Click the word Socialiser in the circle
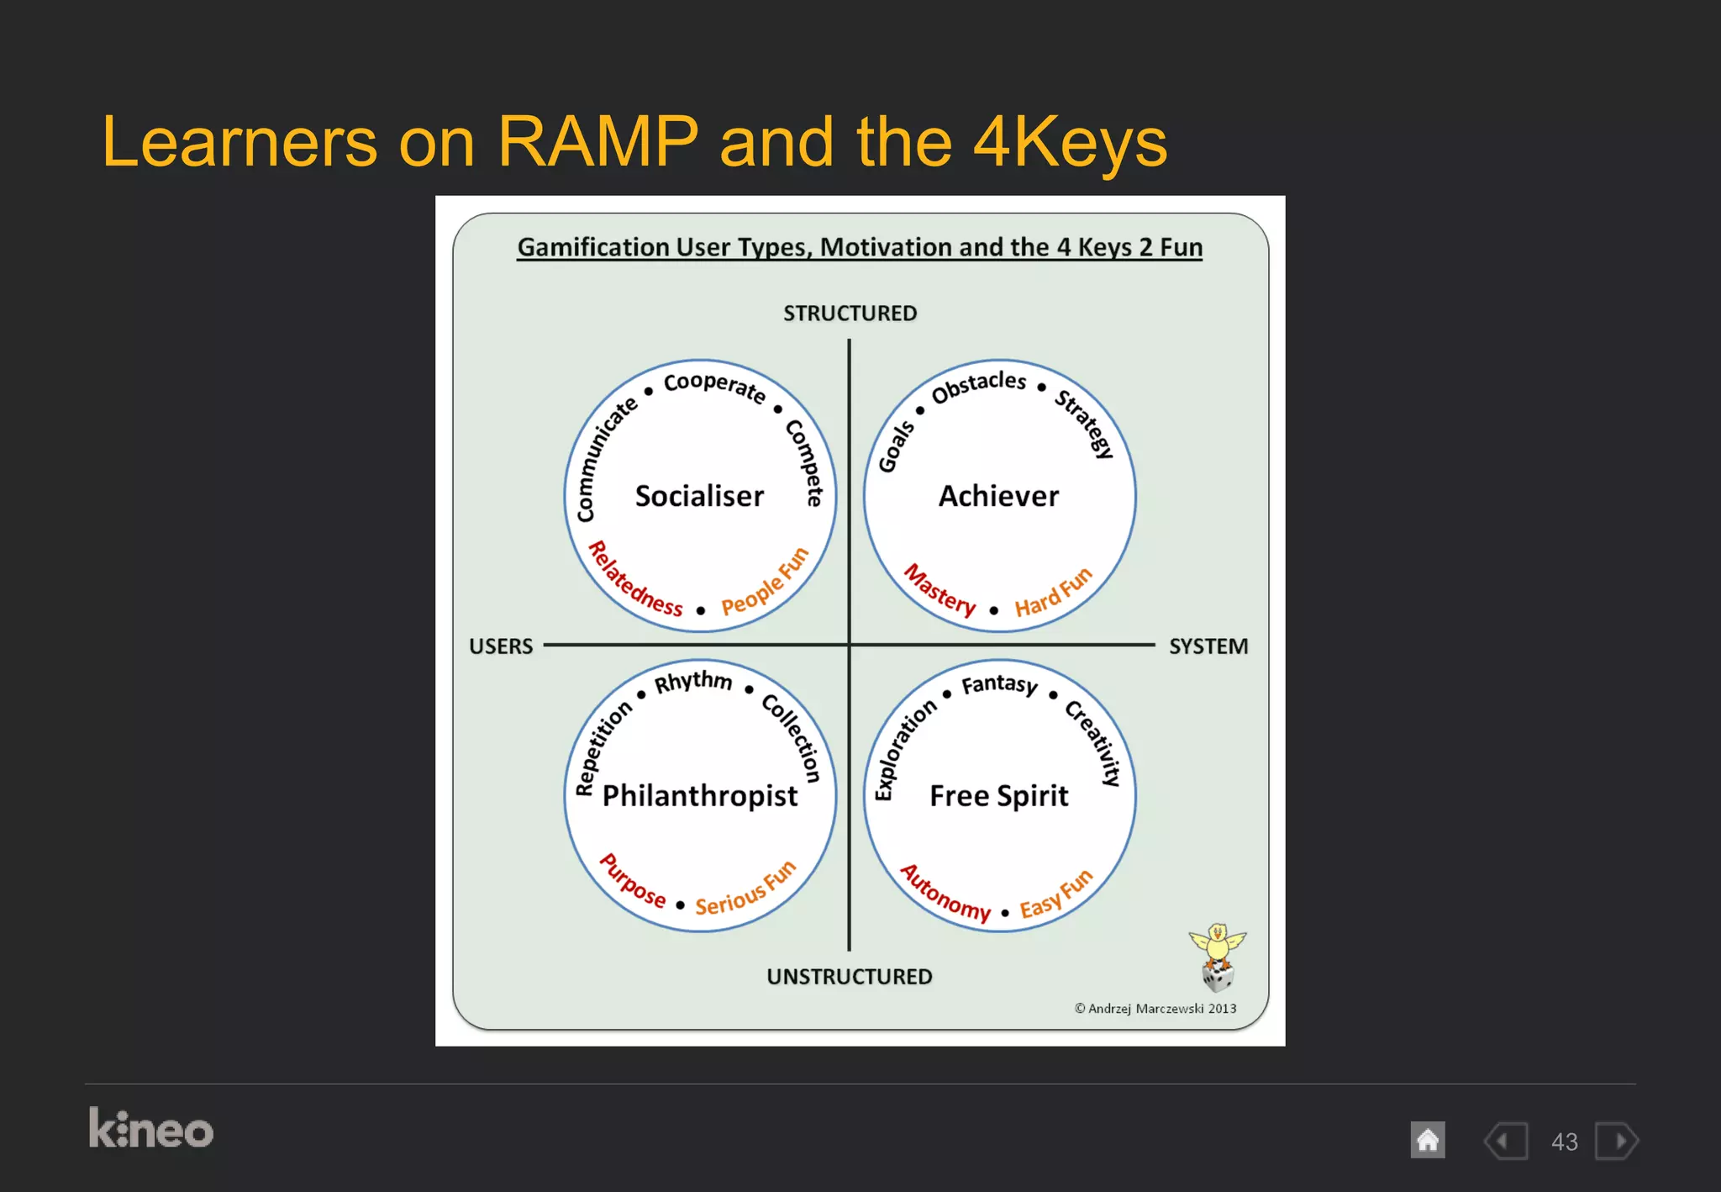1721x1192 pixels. coord(699,496)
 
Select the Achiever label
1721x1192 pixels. coord(998,496)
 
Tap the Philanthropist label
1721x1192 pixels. coord(700,795)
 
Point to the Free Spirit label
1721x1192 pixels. coord(998,795)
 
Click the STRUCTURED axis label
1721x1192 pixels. coord(850,314)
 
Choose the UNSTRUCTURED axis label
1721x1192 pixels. coord(849,977)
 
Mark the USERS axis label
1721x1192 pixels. coord(501,646)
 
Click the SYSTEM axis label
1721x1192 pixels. coord(1208,646)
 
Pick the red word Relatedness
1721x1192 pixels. coord(634,583)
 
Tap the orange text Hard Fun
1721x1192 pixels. coord(1053,593)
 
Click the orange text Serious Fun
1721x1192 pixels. coord(745,889)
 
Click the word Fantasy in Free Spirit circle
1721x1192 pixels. coord(999,685)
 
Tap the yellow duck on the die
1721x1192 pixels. coord(1217,945)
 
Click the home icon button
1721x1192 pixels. coord(1427,1141)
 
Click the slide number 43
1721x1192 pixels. coord(1564,1142)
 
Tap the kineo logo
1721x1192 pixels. coord(151,1129)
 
